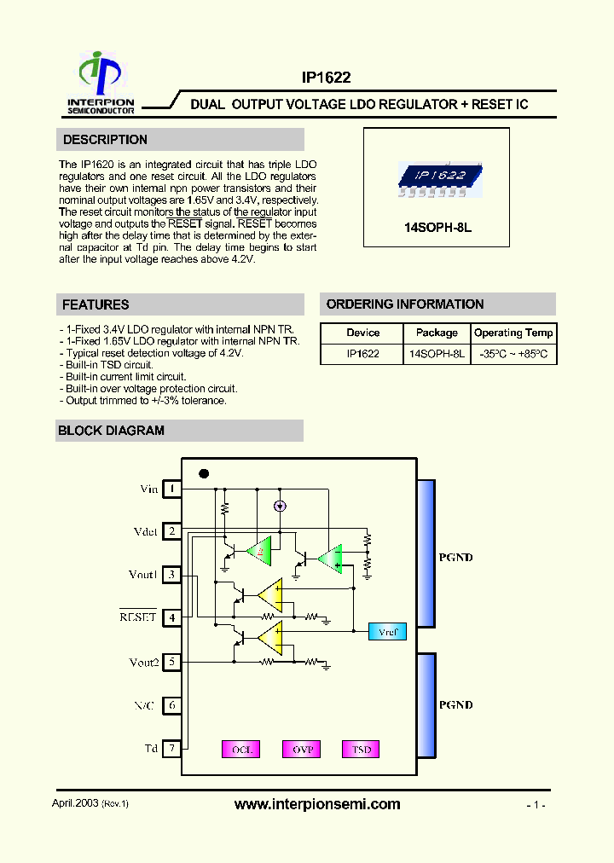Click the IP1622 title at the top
(326, 77)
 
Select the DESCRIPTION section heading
(105, 140)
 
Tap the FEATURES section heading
(96, 304)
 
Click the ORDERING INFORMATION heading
(405, 304)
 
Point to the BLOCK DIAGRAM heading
(111, 431)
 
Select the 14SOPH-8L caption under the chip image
(437, 229)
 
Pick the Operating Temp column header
(513, 333)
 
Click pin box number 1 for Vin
(172, 489)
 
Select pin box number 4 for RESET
(172, 617)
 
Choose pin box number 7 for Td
(172, 749)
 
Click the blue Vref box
(387, 632)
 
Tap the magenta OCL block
(242, 750)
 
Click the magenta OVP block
(303, 750)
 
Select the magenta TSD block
(362, 750)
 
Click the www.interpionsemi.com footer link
(316, 804)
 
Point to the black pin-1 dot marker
(203, 473)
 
